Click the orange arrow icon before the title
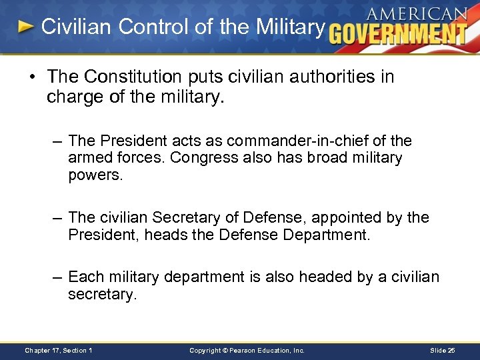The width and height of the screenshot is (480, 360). tap(25, 27)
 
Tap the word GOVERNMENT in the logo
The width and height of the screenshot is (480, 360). tap(398, 33)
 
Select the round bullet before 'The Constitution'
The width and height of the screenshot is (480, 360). tap(32, 77)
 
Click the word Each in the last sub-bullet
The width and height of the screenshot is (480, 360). tap(84, 277)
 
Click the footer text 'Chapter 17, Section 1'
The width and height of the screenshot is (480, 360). tap(58, 350)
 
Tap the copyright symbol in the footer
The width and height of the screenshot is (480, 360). tap(226, 350)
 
